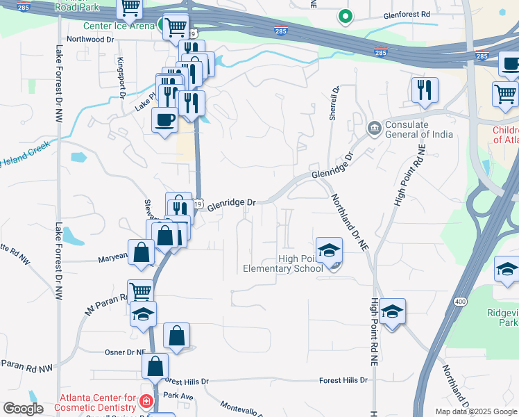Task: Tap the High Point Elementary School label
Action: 282,264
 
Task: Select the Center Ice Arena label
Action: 119,27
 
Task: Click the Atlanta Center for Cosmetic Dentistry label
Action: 97,402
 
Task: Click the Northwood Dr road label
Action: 90,40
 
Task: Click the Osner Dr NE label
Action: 126,352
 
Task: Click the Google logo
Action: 23,409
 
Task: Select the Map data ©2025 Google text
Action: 476,411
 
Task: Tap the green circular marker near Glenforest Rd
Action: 345,15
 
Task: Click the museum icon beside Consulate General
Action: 375,128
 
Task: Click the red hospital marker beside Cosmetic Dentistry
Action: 146,402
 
